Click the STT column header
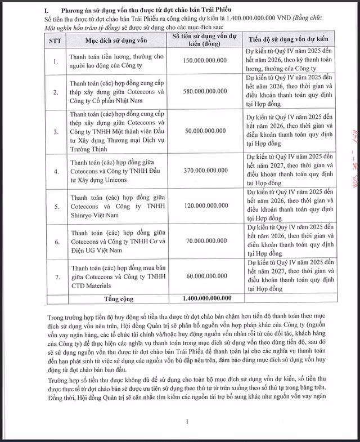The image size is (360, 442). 55,41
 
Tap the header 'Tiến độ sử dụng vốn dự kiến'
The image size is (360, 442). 288,41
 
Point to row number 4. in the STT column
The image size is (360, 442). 55,171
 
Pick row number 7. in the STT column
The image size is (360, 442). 55,276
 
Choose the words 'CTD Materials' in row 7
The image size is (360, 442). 89,284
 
